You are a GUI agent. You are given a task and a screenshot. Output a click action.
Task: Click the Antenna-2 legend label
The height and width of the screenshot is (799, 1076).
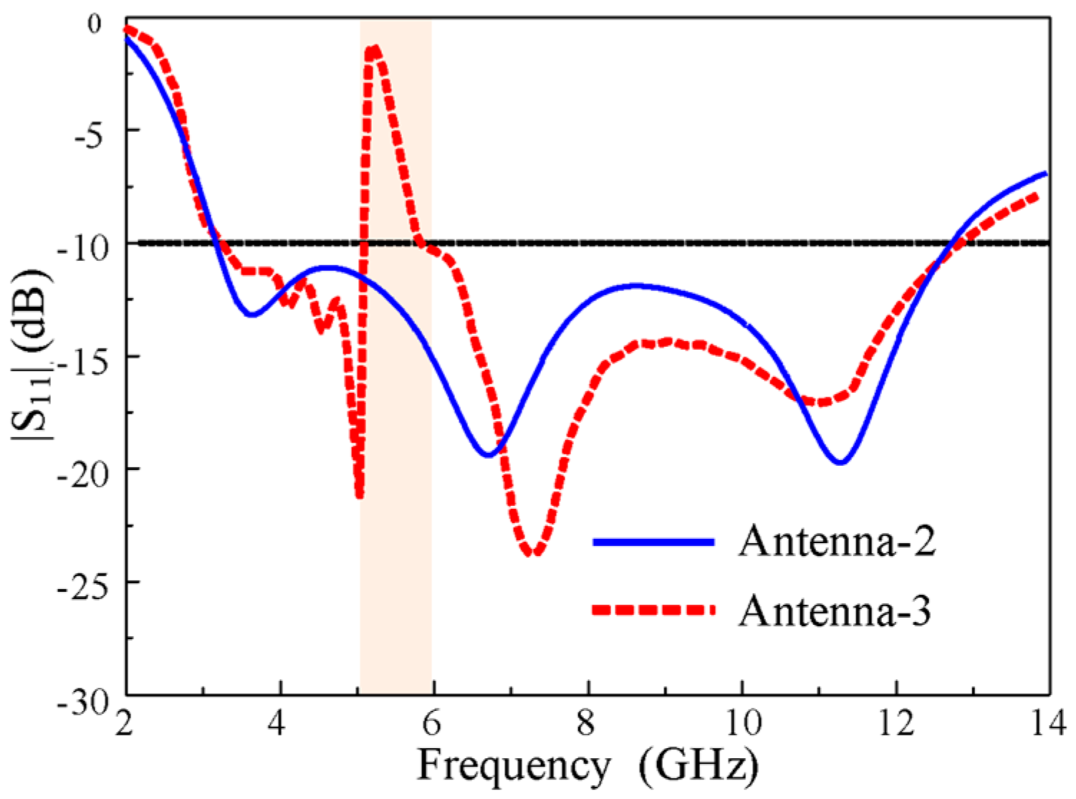coord(837,541)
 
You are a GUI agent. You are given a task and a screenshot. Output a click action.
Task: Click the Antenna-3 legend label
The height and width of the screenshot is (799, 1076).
coord(835,611)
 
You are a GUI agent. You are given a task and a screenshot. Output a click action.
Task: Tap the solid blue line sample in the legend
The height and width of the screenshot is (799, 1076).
coord(653,542)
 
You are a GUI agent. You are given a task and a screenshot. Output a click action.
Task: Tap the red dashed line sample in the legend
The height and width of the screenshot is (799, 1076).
coord(653,610)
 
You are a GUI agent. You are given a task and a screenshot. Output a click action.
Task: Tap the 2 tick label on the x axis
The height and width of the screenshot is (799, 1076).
coord(126,724)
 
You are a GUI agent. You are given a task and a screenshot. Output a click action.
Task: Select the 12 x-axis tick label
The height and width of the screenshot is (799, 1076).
coord(895,724)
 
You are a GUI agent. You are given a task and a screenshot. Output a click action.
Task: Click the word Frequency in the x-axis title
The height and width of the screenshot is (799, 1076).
coord(513,765)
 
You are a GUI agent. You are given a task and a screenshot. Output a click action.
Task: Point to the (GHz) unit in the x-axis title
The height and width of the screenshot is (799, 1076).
coord(698,765)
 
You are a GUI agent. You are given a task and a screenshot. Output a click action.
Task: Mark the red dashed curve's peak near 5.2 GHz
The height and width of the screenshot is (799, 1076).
coord(373,49)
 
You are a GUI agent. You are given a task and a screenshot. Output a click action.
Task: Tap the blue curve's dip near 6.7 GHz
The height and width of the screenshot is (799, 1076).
coord(489,454)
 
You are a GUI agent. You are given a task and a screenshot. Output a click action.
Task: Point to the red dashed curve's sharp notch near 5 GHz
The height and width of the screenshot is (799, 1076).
coord(359,494)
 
